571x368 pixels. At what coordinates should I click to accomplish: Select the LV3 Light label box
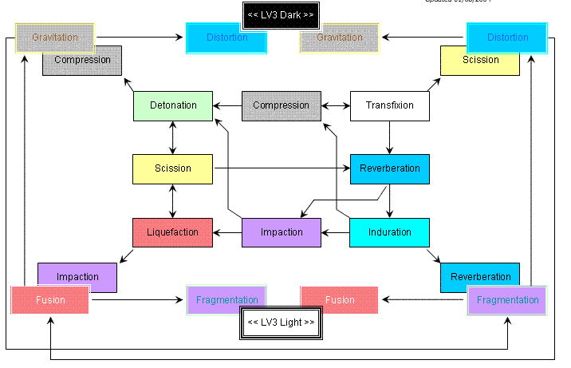(x=281, y=322)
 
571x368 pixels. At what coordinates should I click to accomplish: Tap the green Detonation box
(x=173, y=105)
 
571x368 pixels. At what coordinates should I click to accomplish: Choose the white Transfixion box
(x=389, y=105)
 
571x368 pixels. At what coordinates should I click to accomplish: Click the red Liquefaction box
(x=172, y=232)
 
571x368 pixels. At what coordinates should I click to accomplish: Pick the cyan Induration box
(x=389, y=232)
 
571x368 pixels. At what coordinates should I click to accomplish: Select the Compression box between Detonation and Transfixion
(x=281, y=105)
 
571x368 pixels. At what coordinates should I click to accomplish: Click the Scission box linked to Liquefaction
(x=173, y=168)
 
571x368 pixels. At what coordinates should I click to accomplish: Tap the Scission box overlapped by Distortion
(x=479, y=64)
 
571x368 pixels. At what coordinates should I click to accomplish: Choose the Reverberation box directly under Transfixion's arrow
(x=389, y=168)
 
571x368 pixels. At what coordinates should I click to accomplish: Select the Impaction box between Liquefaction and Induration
(x=281, y=232)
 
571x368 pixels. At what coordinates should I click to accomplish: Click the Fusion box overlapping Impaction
(x=49, y=300)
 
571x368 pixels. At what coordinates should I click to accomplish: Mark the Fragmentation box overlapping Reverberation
(x=507, y=300)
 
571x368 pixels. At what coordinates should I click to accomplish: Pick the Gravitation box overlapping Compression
(x=54, y=38)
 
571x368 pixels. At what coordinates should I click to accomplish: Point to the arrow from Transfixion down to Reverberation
(x=389, y=137)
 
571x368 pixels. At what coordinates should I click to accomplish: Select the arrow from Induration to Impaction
(x=335, y=232)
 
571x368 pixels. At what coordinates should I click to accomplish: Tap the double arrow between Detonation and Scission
(x=173, y=137)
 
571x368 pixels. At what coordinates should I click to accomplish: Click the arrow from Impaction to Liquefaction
(x=227, y=232)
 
